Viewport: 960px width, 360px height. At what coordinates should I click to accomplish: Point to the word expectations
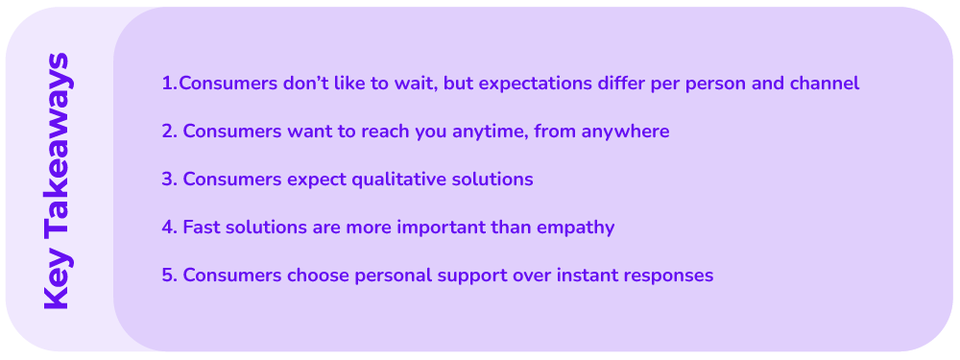pyautogui.click(x=535, y=84)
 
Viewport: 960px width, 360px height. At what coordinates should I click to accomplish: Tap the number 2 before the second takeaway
pyautogui.click(x=168, y=132)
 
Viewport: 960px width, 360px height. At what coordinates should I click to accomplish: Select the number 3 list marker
pyautogui.click(x=168, y=180)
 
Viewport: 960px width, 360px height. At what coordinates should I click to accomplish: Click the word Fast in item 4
pyautogui.click(x=201, y=228)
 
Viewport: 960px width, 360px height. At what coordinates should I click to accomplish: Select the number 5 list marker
pyautogui.click(x=168, y=276)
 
